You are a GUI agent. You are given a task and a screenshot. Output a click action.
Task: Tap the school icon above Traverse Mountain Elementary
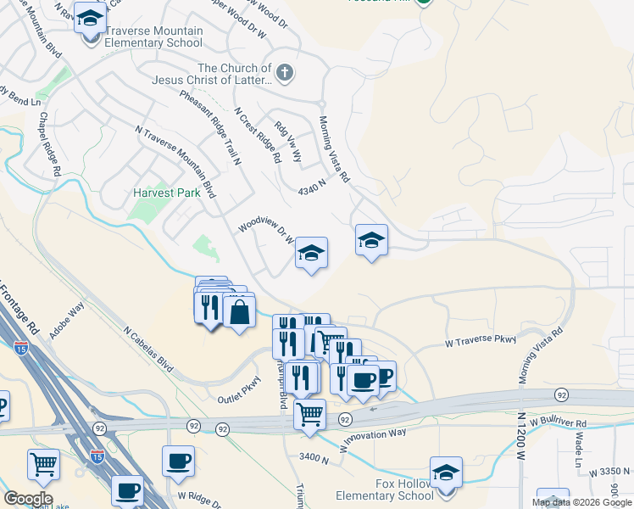coord(90,17)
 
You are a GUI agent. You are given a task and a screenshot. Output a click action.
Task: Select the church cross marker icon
coord(284,73)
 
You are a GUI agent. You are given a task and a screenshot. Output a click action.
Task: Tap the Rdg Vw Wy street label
coord(285,145)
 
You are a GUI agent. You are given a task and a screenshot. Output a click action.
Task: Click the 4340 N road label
coord(312,187)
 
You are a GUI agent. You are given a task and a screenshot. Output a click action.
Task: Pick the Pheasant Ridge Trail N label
coord(211,126)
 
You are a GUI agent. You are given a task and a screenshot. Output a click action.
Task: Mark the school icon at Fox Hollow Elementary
coord(446,473)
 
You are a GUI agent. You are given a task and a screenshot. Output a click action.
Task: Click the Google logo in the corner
coord(28,499)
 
